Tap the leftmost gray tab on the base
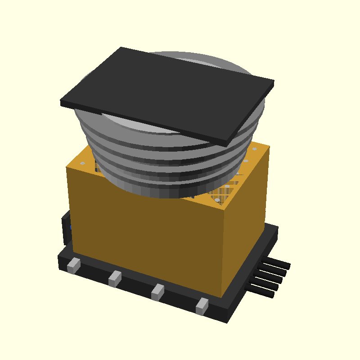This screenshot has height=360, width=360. pos(73,265)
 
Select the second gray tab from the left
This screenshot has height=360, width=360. pos(115,279)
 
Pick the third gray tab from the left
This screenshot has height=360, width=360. pos(157,292)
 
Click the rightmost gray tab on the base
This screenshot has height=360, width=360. pos(202,306)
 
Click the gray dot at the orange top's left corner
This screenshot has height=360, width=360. pos(83,163)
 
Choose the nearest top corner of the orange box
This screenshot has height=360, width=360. pos(223,208)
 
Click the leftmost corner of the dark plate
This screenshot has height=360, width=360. pos(61,103)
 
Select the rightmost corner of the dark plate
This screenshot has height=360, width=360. pos(274,83)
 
